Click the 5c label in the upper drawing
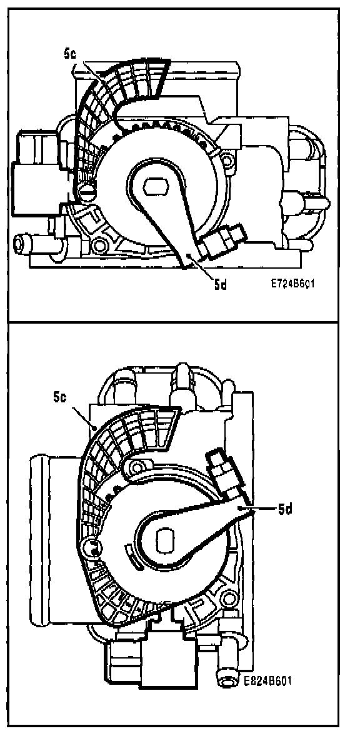(70, 54)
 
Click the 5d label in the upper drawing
(221, 284)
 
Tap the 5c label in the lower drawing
(60, 397)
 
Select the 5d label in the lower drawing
(284, 509)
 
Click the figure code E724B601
(292, 284)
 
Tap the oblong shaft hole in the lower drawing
(165, 540)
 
